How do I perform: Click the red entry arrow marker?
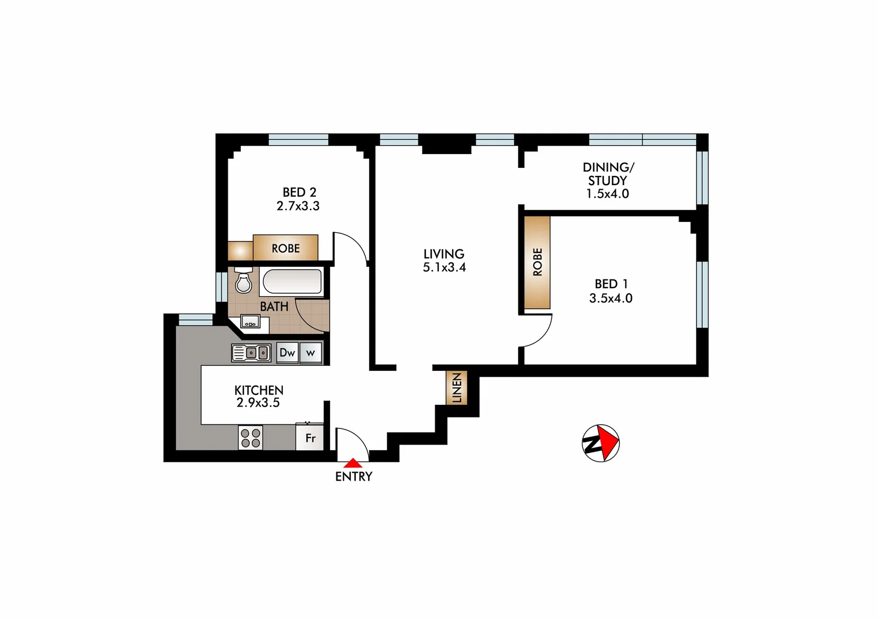pos(352,462)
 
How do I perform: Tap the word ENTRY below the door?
pos(354,477)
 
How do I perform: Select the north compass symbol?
pos(600,443)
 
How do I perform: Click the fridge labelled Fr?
pos(310,438)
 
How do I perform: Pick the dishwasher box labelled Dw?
pos(287,352)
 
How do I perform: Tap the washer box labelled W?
pos(310,352)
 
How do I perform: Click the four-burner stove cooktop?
pos(250,438)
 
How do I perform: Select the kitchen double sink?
pos(251,352)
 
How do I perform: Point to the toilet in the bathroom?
pos(244,281)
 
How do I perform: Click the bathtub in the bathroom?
pos(292,282)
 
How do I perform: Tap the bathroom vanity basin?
pos(250,322)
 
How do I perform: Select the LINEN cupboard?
pos(457,388)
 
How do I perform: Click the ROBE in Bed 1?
pos(537,262)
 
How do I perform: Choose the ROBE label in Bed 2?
pos(286,248)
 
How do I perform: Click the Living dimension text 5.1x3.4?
pos(444,267)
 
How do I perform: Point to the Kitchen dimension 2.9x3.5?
pos(258,403)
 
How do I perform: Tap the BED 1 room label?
pos(611,283)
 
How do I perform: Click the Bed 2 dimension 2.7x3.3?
pos(298,206)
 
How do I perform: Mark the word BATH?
pos(274,306)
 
